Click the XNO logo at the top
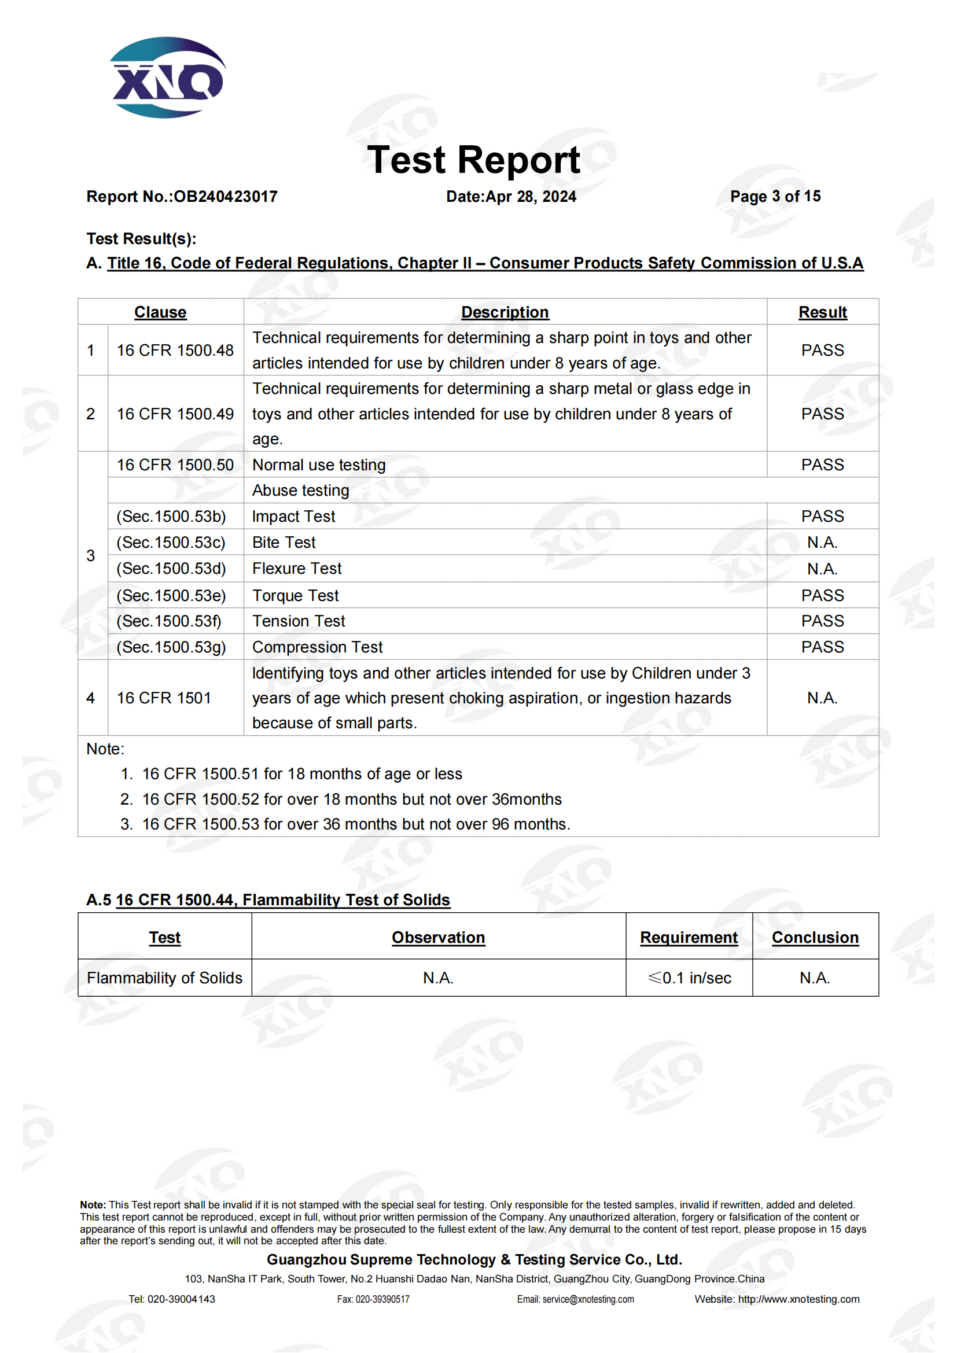click(x=167, y=78)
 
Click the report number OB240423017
click(x=226, y=196)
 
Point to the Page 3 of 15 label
click(x=775, y=196)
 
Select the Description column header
click(x=505, y=312)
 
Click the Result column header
click(x=822, y=312)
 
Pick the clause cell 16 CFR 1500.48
click(x=175, y=351)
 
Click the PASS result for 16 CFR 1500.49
click(x=822, y=414)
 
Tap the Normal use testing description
click(x=319, y=465)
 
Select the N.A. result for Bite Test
click(x=822, y=542)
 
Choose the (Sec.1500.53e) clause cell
click(x=171, y=596)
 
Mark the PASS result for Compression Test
click(x=822, y=647)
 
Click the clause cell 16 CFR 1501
click(x=164, y=698)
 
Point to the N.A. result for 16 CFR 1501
click(x=822, y=698)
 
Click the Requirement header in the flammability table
click(x=689, y=938)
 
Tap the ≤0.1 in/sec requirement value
click(x=690, y=978)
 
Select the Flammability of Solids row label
click(x=164, y=978)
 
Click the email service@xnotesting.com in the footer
click(x=587, y=1299)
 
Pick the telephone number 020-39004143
click(x=181, y=1299)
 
